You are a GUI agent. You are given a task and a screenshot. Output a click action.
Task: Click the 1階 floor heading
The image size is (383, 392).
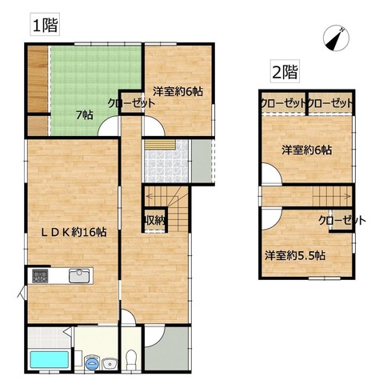click(x=45, y=25)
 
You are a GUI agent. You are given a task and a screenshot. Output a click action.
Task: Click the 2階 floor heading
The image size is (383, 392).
click(x=285, y=71)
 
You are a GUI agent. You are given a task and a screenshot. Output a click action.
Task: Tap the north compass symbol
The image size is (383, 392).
click(x=336, y=38)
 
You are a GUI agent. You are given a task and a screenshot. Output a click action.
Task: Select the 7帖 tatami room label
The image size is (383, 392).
click(x=85, y=115)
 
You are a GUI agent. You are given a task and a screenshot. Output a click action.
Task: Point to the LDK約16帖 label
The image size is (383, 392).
click(x=74, y=232)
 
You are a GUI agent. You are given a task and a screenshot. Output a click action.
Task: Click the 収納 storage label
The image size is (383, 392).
click(x=155, y=220)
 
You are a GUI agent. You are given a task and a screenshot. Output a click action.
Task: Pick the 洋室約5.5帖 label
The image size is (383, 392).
click(x=295, y=255)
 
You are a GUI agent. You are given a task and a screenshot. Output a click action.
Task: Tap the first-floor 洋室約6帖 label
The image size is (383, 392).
click(x=178, y=91)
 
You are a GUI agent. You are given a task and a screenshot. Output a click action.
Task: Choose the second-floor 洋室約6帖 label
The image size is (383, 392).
click(x=307, y=150)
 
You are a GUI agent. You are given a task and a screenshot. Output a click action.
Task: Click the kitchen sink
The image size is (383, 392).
click(x=79, y=276)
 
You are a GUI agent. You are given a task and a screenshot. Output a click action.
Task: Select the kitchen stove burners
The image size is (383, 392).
click(x=40, y=276)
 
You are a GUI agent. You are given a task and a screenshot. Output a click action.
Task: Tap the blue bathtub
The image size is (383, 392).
click(x=50, y=360)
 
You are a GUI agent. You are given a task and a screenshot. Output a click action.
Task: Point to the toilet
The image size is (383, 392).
click(x=131, y=360)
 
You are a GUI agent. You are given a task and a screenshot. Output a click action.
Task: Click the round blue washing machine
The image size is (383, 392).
click(x=92, y=362)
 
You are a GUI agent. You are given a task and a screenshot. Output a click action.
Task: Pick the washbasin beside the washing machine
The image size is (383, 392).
click(x=110, y=364)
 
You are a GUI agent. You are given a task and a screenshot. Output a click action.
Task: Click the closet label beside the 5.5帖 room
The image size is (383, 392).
click(x=342, y=220)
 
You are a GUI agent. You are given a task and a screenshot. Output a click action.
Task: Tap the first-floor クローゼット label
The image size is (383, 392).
click(x=131, y=103)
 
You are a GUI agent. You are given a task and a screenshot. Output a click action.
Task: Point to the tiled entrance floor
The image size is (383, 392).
click(x=166, y=161)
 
